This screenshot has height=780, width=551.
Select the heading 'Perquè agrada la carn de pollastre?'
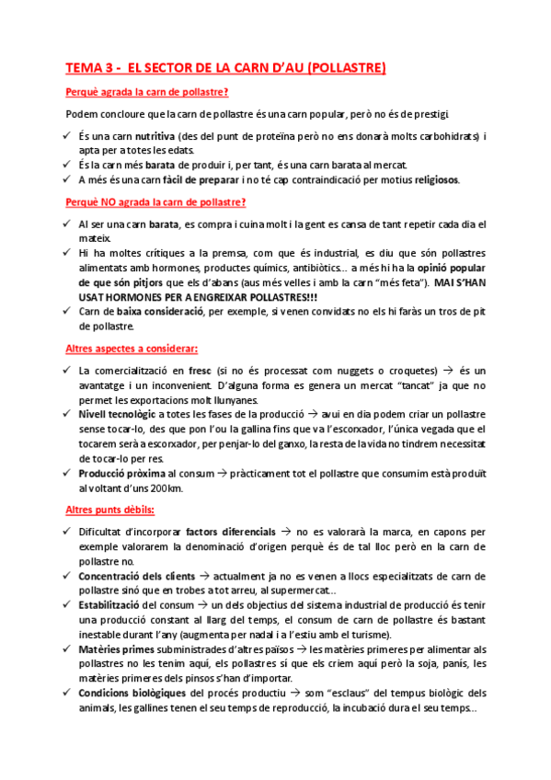coord(147,91)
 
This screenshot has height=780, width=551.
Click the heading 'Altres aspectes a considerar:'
coord(132,349)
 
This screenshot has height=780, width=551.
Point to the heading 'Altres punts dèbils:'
coord(110,509)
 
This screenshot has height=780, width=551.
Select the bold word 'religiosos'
coord(428,179)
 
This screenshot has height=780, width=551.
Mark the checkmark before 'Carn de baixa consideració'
coord(69,312)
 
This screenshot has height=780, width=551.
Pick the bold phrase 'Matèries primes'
coord(116,649)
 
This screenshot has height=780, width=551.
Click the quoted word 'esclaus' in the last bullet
coord(365,693)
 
